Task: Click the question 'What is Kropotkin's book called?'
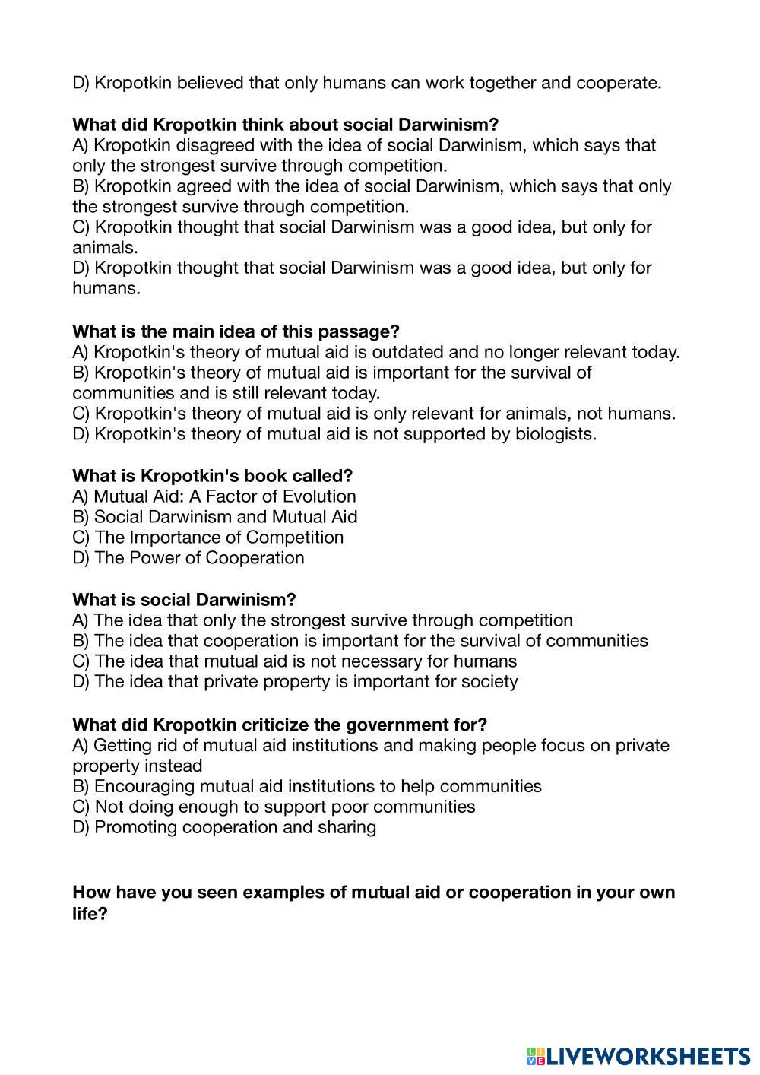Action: coord(212,476)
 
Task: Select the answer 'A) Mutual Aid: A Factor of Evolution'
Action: coord(214,496)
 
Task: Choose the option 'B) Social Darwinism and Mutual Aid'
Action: coord(215,517)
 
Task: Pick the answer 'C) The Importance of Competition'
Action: coord(207,537)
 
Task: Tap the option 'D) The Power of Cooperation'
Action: coord(188,558)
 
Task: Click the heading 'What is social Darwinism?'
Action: coord(184,600)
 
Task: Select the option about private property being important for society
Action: coord(295,681)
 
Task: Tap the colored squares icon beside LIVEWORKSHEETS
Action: coord(536,1056)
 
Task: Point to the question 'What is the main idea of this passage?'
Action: coord(236,331)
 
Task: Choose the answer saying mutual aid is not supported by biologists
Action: coord(334,434)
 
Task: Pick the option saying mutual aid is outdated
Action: coord(376,352)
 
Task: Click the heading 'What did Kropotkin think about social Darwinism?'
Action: coord(285,125)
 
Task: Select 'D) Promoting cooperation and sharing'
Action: coord(224,827)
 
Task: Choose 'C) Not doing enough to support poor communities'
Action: coord(274,807)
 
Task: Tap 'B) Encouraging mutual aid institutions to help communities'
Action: coord(307,786)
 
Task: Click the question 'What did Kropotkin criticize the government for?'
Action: coord(280,725)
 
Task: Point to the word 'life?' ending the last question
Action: coord(90,914)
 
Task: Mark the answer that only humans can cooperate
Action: coord(367,83)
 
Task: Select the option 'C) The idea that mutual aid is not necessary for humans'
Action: coord(295,661)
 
